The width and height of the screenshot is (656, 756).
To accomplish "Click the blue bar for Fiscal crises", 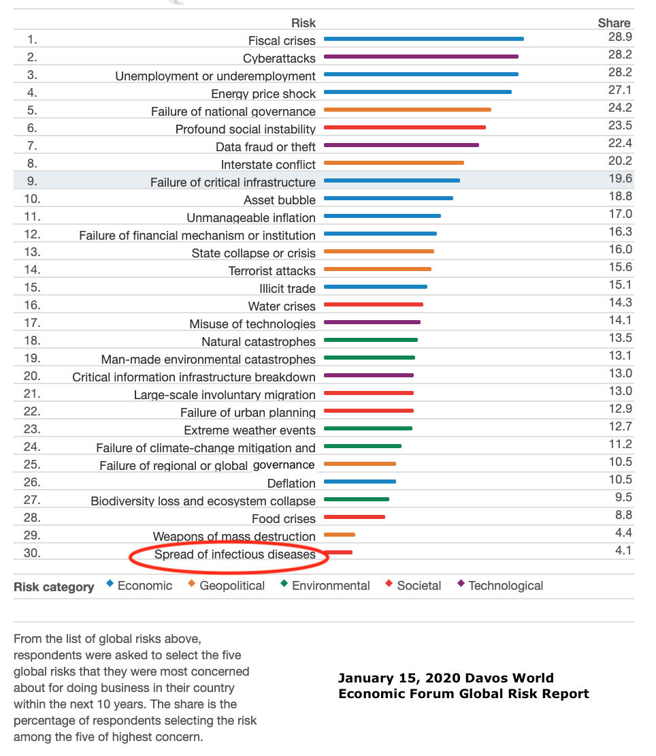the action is (x=424, y=39).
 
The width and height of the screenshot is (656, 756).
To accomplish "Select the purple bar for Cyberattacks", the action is (x=421, y=57).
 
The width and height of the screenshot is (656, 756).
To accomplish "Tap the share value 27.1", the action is (x=620, y=90).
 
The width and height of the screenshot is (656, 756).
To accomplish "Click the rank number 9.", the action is (x=32, y=181).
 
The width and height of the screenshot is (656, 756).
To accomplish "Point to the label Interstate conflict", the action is (x=268, y=165).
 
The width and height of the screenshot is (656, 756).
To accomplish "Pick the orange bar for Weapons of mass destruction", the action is (x=340, y=534).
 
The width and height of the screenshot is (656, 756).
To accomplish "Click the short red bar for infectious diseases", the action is (x=338, y=552).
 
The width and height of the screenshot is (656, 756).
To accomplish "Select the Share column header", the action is (x=614, y=23).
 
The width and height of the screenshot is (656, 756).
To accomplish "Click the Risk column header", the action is (x=304, y=23).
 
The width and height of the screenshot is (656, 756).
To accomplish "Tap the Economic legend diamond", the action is (x=110, y=584).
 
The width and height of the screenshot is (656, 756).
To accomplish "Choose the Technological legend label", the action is (x=506, y=586).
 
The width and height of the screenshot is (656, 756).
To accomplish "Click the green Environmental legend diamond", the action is (x=284, y=584).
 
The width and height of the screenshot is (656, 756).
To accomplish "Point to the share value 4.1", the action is (x=623, y=550).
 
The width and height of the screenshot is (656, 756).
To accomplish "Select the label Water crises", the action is (x=282, y=306).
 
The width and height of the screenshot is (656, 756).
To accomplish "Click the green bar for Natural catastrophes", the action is (x=371, y=340).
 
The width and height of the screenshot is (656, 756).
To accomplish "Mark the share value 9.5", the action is (x=623, y=497).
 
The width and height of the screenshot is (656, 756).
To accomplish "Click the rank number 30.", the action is (x=32, y=553).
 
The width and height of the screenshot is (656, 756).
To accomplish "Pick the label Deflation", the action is (x=291, y=484).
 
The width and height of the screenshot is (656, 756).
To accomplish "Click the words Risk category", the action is (x=54, y=587).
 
